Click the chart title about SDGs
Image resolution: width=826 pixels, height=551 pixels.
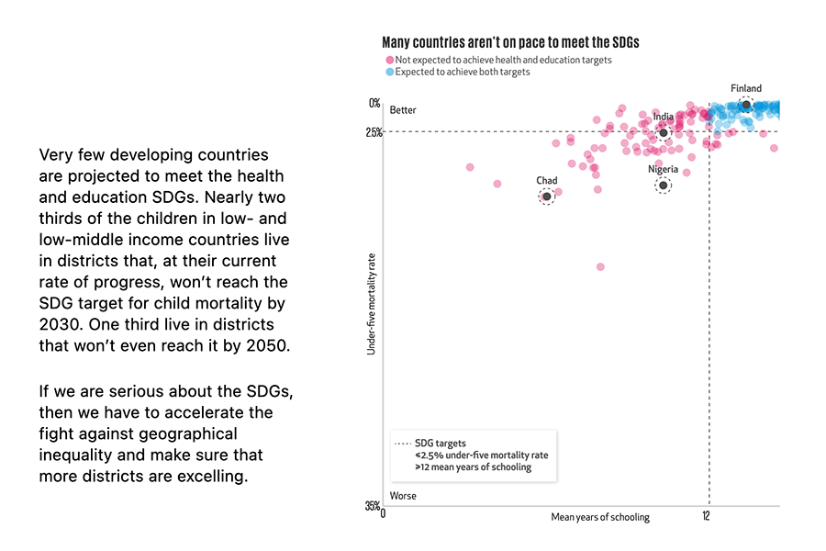510,42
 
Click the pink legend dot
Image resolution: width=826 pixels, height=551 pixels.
389,60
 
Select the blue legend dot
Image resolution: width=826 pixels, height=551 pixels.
389,72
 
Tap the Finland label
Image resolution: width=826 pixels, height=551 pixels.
746,89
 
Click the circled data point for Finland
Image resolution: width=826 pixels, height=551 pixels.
746,106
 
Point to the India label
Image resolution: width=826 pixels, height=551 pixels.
663,117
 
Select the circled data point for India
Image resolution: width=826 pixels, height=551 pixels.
664,133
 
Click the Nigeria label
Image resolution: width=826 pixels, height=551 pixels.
663,169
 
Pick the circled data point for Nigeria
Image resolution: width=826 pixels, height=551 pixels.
663,186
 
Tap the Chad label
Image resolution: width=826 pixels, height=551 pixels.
546,180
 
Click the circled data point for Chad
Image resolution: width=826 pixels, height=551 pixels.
546,197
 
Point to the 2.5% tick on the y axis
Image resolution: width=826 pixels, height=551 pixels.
373,132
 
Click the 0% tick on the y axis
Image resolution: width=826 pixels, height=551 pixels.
374,103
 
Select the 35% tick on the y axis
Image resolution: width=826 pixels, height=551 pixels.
372,506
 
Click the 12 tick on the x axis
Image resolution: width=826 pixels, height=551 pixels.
707,517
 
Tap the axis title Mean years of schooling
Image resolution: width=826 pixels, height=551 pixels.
599,517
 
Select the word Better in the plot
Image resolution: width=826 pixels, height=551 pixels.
403,110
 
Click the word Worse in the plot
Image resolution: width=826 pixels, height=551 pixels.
403,496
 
